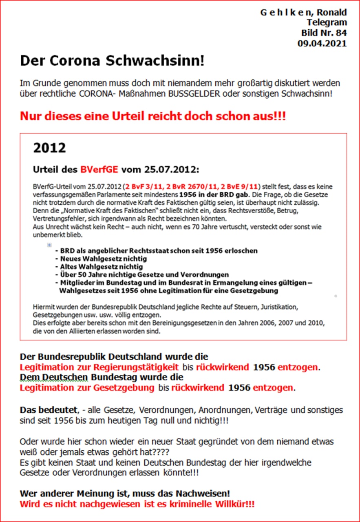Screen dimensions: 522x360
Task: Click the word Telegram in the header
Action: click(327, 22)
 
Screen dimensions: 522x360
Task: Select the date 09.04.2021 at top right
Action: click(322, 44)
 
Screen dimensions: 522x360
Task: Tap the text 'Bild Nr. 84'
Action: click(324, 33)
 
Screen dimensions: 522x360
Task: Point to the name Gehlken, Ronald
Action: click(303, 12)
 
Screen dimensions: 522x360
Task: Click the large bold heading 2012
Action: click(49, 148)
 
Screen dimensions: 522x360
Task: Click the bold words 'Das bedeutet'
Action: click(46, 410)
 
